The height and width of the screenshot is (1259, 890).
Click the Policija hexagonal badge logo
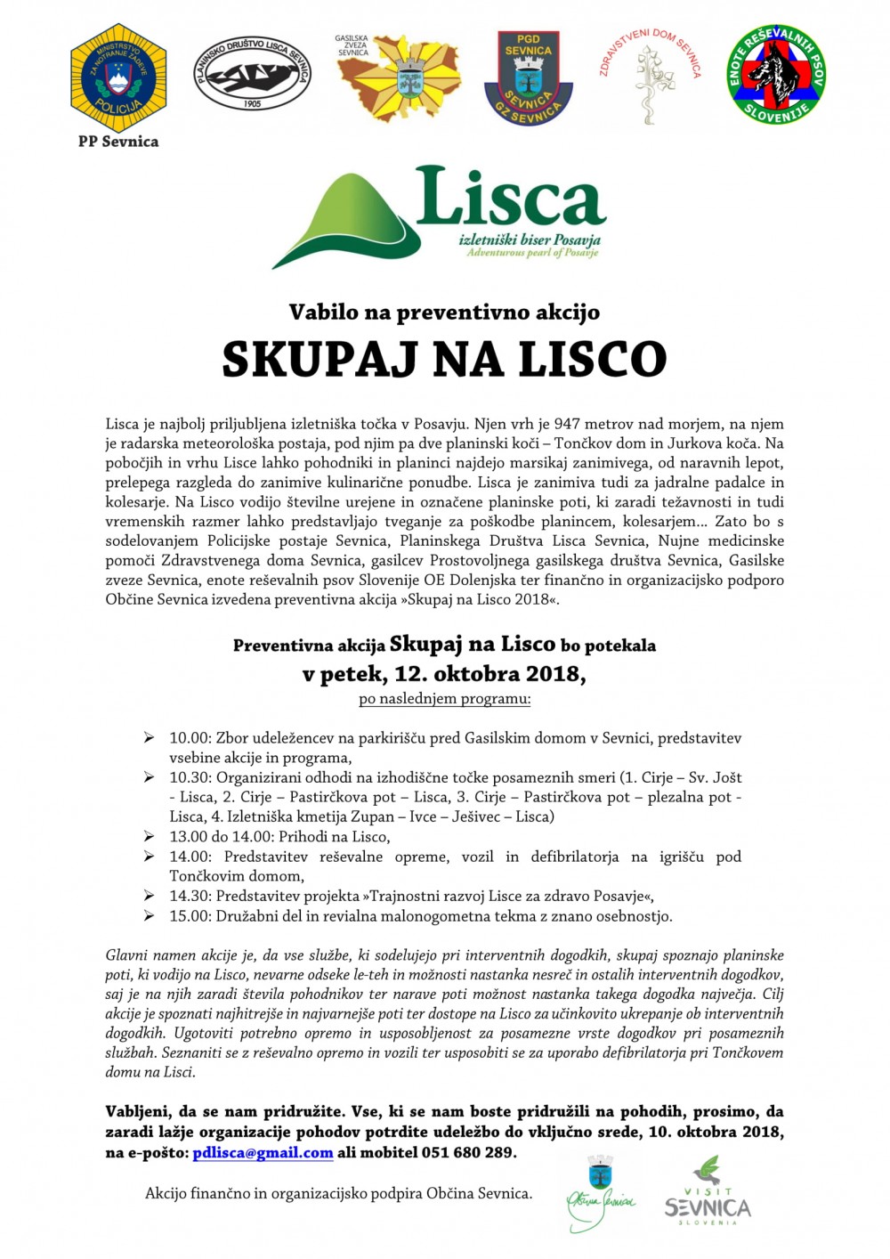click(x=118, y=77)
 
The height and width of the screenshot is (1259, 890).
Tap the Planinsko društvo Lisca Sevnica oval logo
click(x=252, y=74)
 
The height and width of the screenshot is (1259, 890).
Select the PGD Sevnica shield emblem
click(x=528, y=77)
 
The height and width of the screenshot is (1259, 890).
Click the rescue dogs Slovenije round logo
click(x=776, y=74)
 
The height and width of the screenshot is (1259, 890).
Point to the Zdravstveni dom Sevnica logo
click(x=649, y=77)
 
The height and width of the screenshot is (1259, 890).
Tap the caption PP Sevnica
click(x=118, y=142)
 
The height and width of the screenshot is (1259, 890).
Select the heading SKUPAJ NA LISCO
click(x=444, y=359)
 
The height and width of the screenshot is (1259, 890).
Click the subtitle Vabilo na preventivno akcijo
click(x=444, y=312)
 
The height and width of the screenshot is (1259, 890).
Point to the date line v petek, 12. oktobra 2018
click(x=444, y=673)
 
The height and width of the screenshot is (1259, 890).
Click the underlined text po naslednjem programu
click(x=444, y=698)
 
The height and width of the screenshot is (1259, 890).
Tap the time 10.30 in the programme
click(x=189, y=777)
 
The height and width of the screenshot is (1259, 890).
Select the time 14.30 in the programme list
click(x=189, y=896)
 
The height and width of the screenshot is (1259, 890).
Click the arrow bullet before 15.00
click(x=149, y=915)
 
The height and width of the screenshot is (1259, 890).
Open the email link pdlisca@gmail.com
click(x=263, y=1152)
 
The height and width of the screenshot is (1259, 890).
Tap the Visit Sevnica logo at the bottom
click(x=708, y=1192)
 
